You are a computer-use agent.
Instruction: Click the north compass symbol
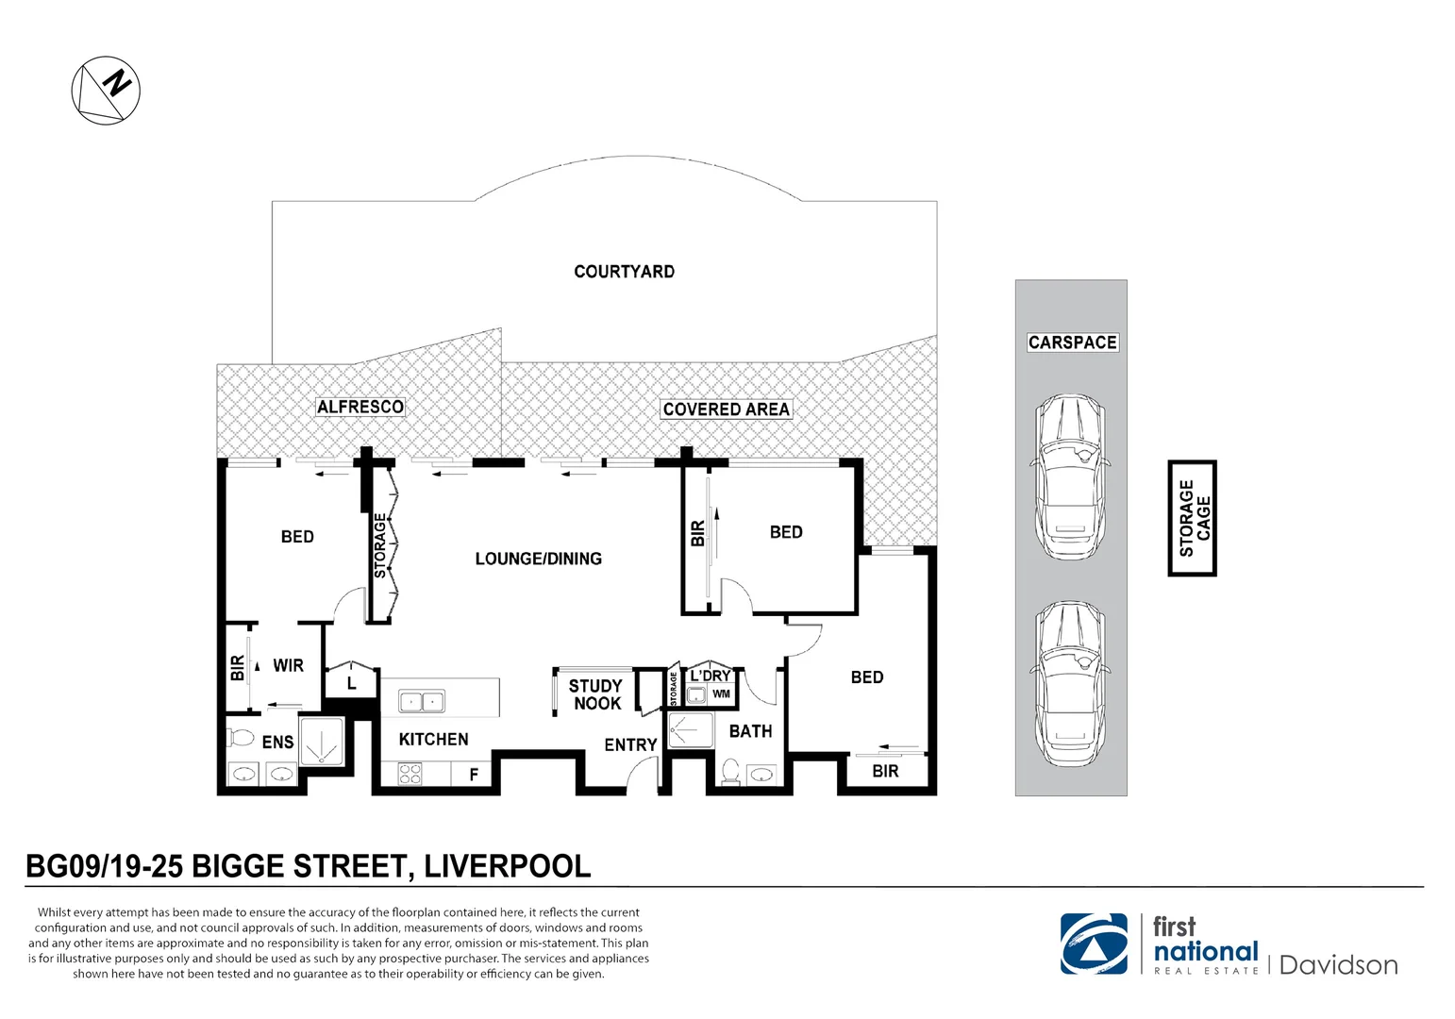pos(106,91)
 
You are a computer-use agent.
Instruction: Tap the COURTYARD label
pos(625,272)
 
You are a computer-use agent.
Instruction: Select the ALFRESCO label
pos(360,407)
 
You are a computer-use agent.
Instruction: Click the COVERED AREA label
pos(727,409)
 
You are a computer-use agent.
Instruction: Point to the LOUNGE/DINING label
pos(539,559)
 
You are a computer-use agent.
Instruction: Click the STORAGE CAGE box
pos(1192,518)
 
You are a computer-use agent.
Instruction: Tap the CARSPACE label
pos(1073,342)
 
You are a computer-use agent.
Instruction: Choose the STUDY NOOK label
pos(595,694)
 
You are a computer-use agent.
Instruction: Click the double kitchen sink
pos(422,701)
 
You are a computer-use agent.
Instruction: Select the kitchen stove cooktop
pos(410,774)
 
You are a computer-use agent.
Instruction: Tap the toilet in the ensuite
pos(241,738)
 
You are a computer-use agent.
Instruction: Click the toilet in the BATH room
pos(731,772)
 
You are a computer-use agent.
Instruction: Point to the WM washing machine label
pos(721,693)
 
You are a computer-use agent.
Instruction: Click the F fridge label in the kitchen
pos(475,774)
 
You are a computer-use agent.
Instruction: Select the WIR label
pos(289,666)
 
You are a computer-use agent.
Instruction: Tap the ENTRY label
pos(630,745)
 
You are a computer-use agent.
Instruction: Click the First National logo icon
pos(1094,944)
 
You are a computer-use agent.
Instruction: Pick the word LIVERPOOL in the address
pos(508,866)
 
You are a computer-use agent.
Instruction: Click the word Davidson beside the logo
pos(1338,965)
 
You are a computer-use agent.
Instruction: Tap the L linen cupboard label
pos(351,683)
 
